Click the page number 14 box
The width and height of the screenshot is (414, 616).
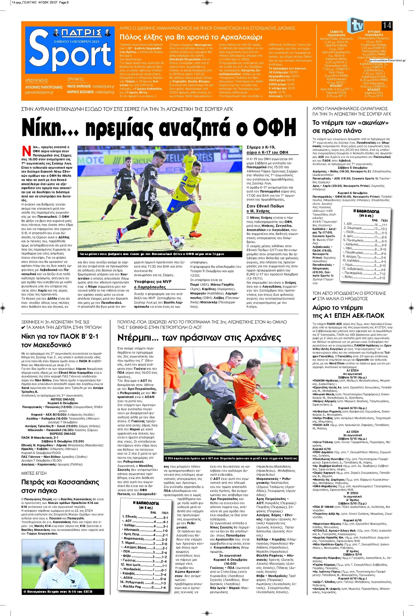pos(387,26)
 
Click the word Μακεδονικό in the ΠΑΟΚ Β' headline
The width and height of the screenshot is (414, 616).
pos(48,345)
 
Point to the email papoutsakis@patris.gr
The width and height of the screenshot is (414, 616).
pos(39,92)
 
